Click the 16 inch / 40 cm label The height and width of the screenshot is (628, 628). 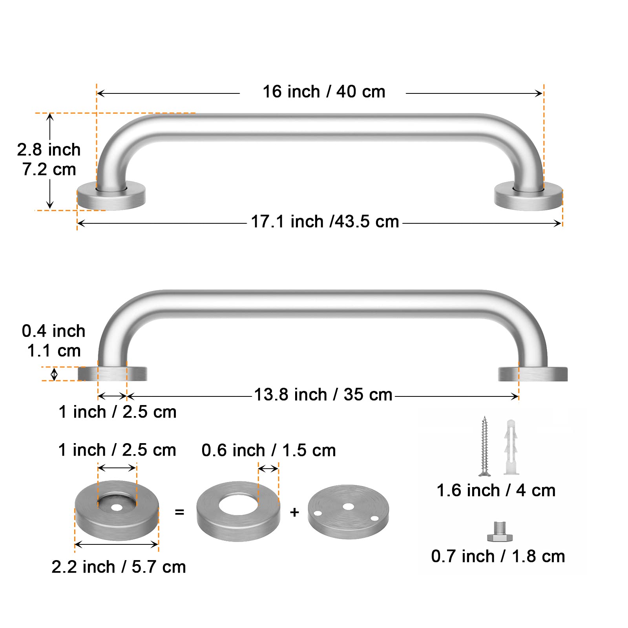[x=324, y=92]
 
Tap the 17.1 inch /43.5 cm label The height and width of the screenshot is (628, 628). [x=325, y=222]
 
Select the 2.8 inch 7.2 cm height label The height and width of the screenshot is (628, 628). [x=49, y=159]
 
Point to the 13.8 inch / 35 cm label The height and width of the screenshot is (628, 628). [x=323, y=395]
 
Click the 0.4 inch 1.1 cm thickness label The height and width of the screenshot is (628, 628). [x=53, y=341]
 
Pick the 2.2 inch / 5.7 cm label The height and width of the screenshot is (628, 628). [x=119, y=567]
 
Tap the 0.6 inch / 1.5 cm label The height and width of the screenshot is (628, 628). [x=268, y=451]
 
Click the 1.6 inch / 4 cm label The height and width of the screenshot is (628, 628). [x=496, y=491]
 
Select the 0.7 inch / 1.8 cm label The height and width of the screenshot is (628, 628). [x=498, y=557]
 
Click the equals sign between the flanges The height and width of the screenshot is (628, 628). [x=179, y=512]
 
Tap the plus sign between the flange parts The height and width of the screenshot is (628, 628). [x=294, y=512]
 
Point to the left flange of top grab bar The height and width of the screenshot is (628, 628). [x=111, y=196]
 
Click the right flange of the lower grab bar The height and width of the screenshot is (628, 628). [x=533, y=374]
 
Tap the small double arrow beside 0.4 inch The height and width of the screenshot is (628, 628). [x=54, y=374]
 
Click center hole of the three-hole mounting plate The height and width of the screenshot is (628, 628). [x=348, y=507]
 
